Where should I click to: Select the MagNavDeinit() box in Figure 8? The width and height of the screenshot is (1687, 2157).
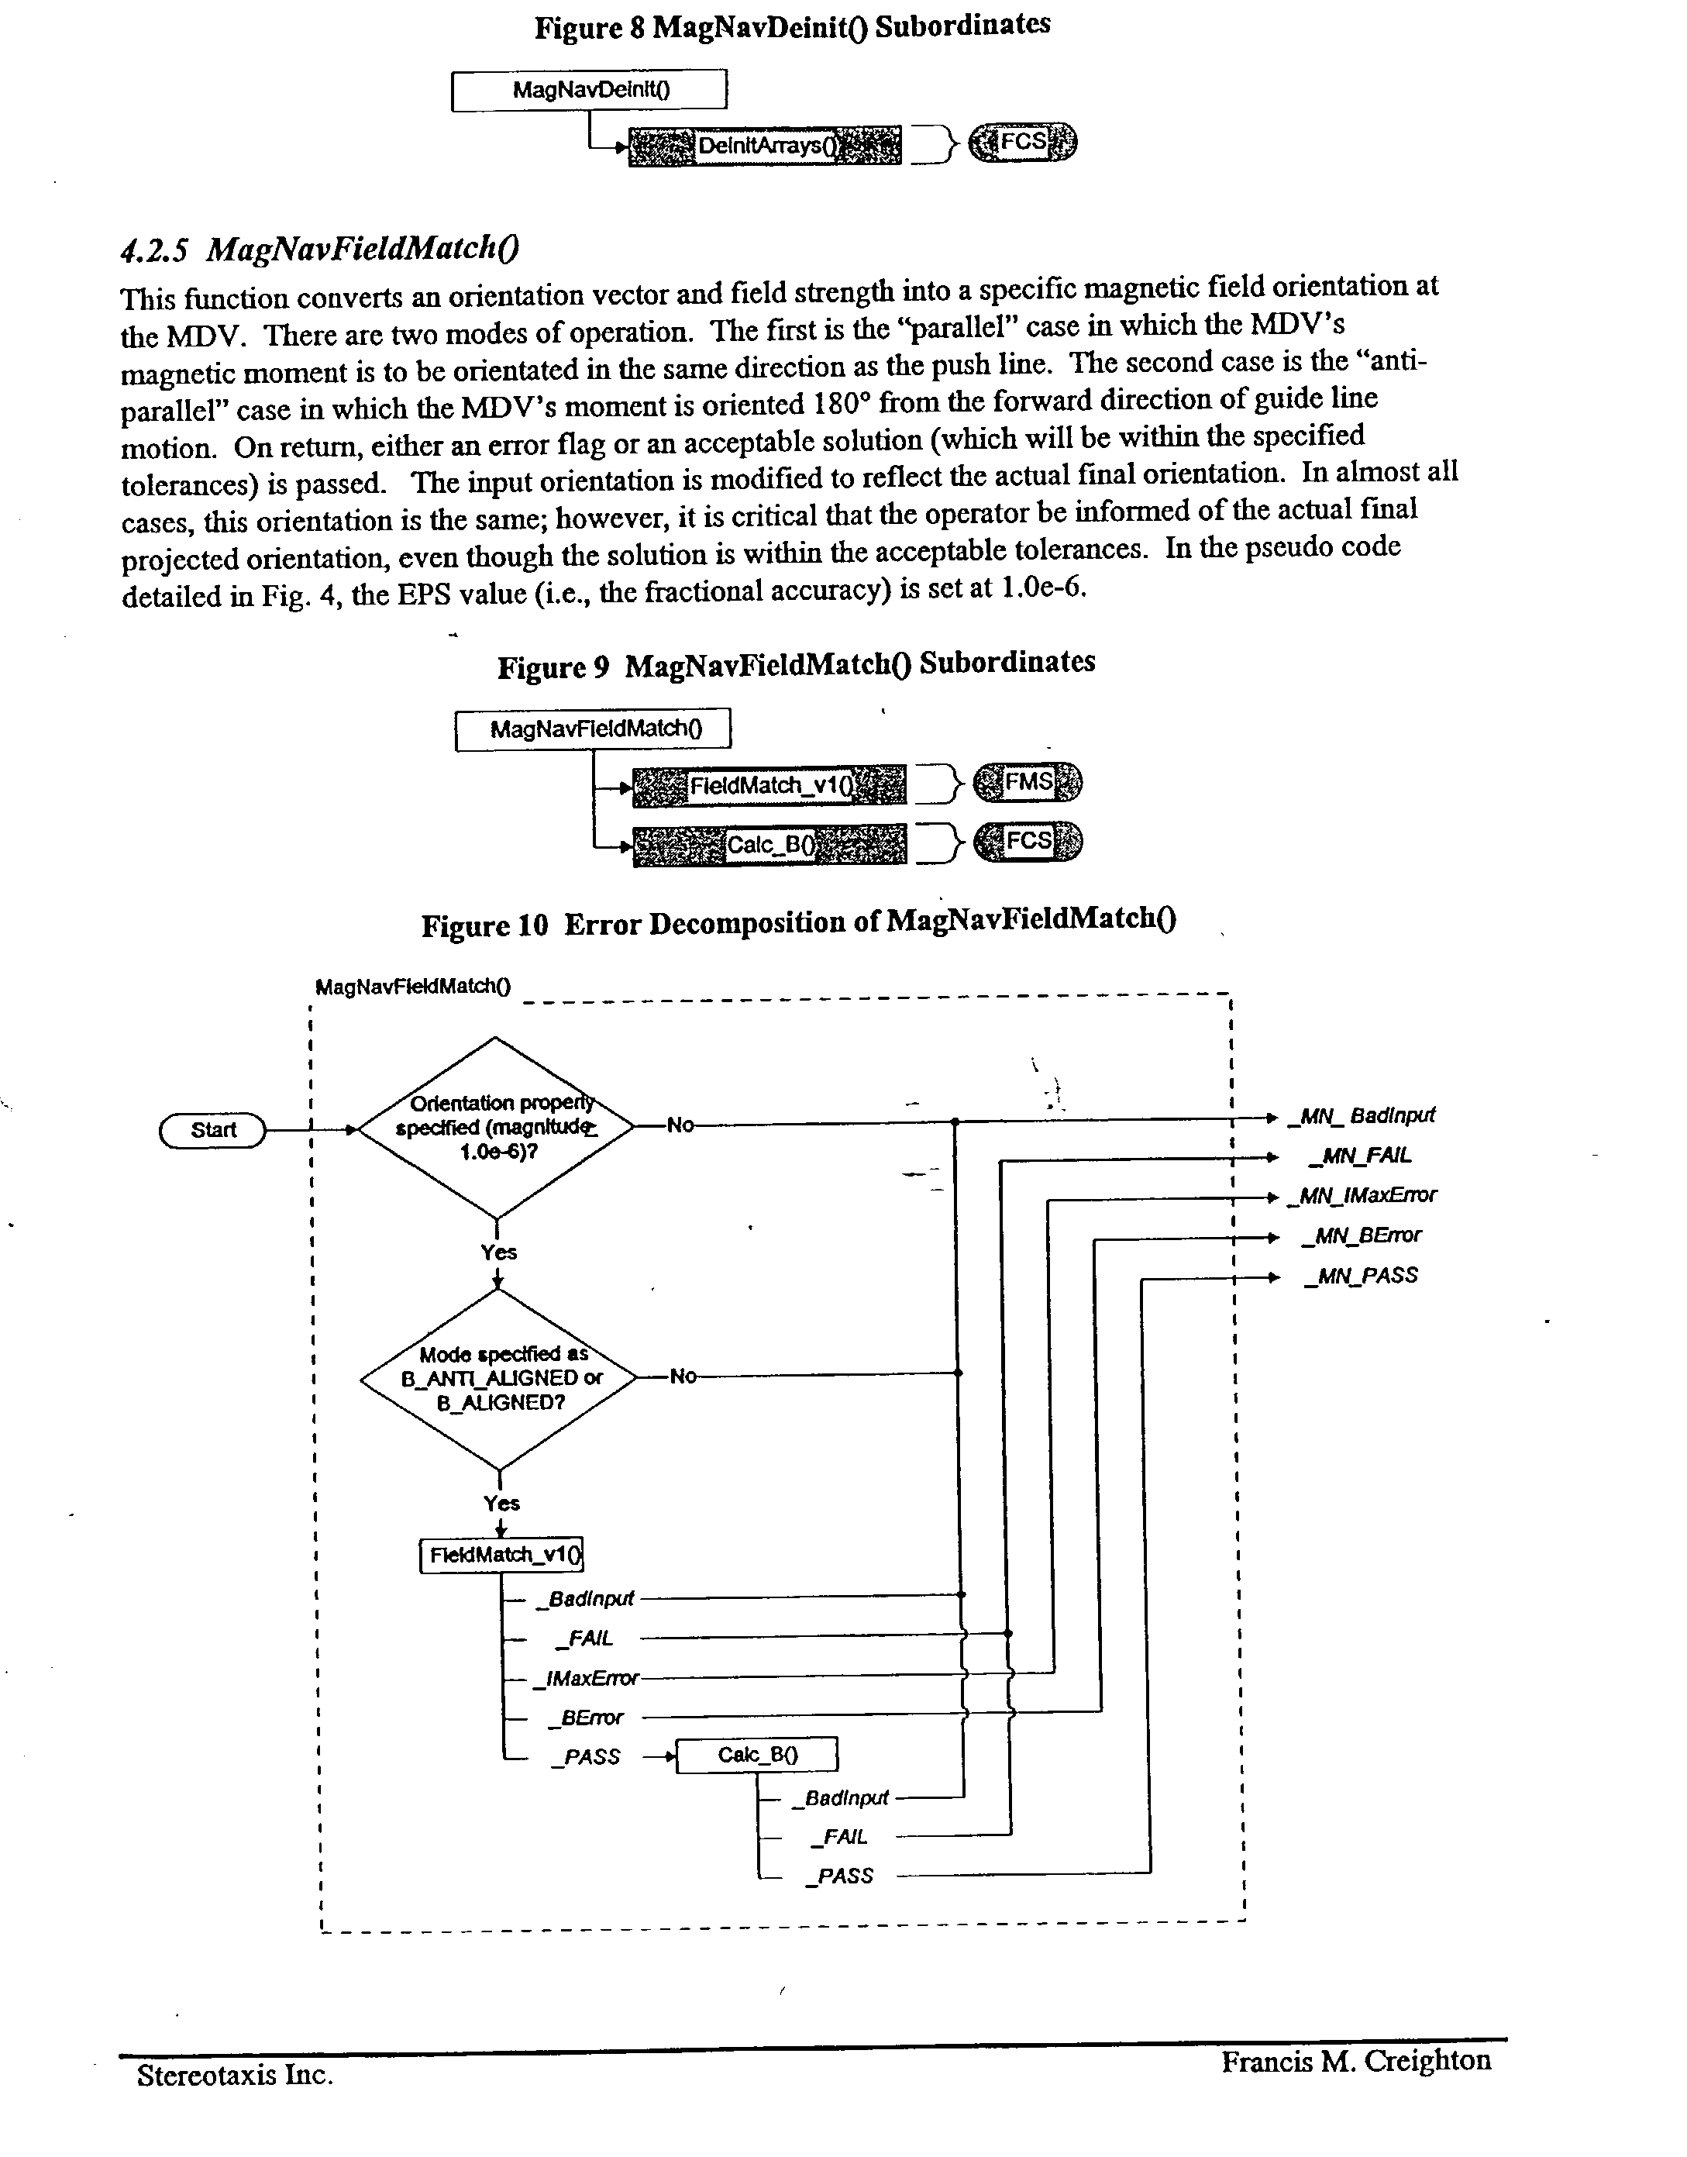tap(589, 90)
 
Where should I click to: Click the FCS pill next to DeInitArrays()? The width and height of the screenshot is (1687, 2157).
tap(1022, 142)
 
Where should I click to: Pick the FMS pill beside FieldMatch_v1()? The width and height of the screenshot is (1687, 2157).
tap(1028, 782)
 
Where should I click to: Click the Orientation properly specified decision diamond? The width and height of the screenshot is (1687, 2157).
tap(496, 1128)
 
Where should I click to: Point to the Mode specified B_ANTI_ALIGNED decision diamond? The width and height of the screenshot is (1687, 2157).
tap(500, 1379)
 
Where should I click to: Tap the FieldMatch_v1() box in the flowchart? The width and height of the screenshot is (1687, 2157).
tap(501, 1555)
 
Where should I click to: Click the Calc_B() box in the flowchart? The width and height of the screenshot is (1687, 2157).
tap(756, 1754)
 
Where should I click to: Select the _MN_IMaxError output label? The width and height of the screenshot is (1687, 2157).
tap(1363, 1196)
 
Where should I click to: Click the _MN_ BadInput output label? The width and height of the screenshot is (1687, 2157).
tap(1363, 1116)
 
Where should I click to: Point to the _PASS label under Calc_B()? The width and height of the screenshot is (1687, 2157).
tap(838, 1876)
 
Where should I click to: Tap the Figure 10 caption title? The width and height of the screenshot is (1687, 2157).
tap(798, 922)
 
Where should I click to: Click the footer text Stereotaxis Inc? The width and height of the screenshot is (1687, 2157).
tap(235, 2074)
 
